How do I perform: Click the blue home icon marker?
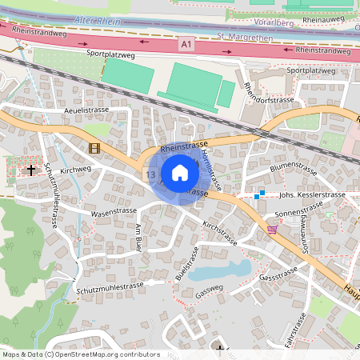point(180,172)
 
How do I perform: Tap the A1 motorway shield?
point(186,46)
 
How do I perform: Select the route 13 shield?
point(150,174)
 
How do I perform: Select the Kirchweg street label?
point(76,170)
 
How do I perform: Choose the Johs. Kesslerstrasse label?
point(311,194)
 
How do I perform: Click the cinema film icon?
point(95,147)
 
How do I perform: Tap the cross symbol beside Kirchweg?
point(31,170)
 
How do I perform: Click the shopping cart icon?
point(272,229)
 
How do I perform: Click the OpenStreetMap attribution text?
point(81,354)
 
